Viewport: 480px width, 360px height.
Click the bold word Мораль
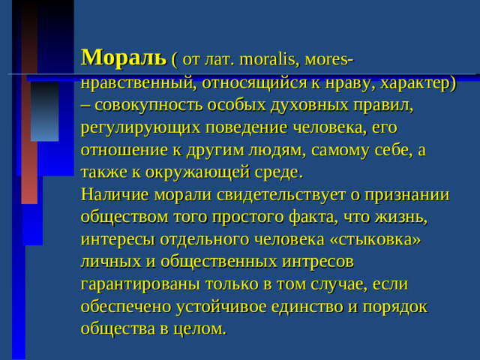(x=123, y=55)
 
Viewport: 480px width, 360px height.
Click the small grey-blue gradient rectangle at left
(x=44, y=112)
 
